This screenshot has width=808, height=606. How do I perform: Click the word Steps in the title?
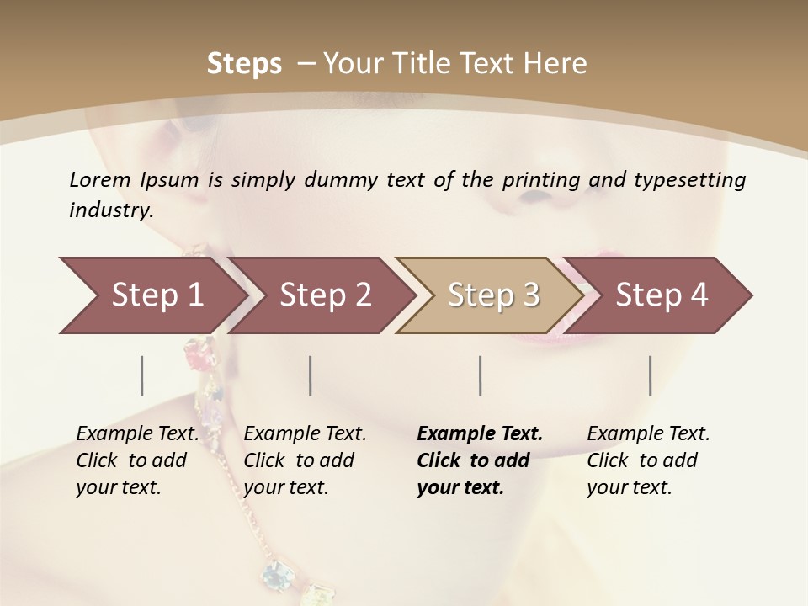244,64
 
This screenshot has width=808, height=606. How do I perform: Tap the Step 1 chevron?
157,295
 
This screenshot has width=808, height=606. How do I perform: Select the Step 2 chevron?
325,295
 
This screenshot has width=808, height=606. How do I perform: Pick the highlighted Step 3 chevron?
493,295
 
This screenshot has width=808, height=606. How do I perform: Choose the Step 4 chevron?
662,295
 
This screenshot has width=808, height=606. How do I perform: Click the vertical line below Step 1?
142,375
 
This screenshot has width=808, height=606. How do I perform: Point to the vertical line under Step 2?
311,375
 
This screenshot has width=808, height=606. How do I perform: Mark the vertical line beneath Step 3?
481,375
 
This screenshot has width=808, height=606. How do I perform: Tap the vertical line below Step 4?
651,375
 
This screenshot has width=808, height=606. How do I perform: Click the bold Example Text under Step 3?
480,434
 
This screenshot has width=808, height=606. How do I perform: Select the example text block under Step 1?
137,460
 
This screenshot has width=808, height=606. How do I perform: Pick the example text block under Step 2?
305,460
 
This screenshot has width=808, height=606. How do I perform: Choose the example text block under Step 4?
648,460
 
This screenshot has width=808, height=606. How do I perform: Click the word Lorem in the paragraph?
100,179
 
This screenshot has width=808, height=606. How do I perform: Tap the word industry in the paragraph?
110,210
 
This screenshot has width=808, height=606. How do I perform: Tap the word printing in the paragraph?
540,180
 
